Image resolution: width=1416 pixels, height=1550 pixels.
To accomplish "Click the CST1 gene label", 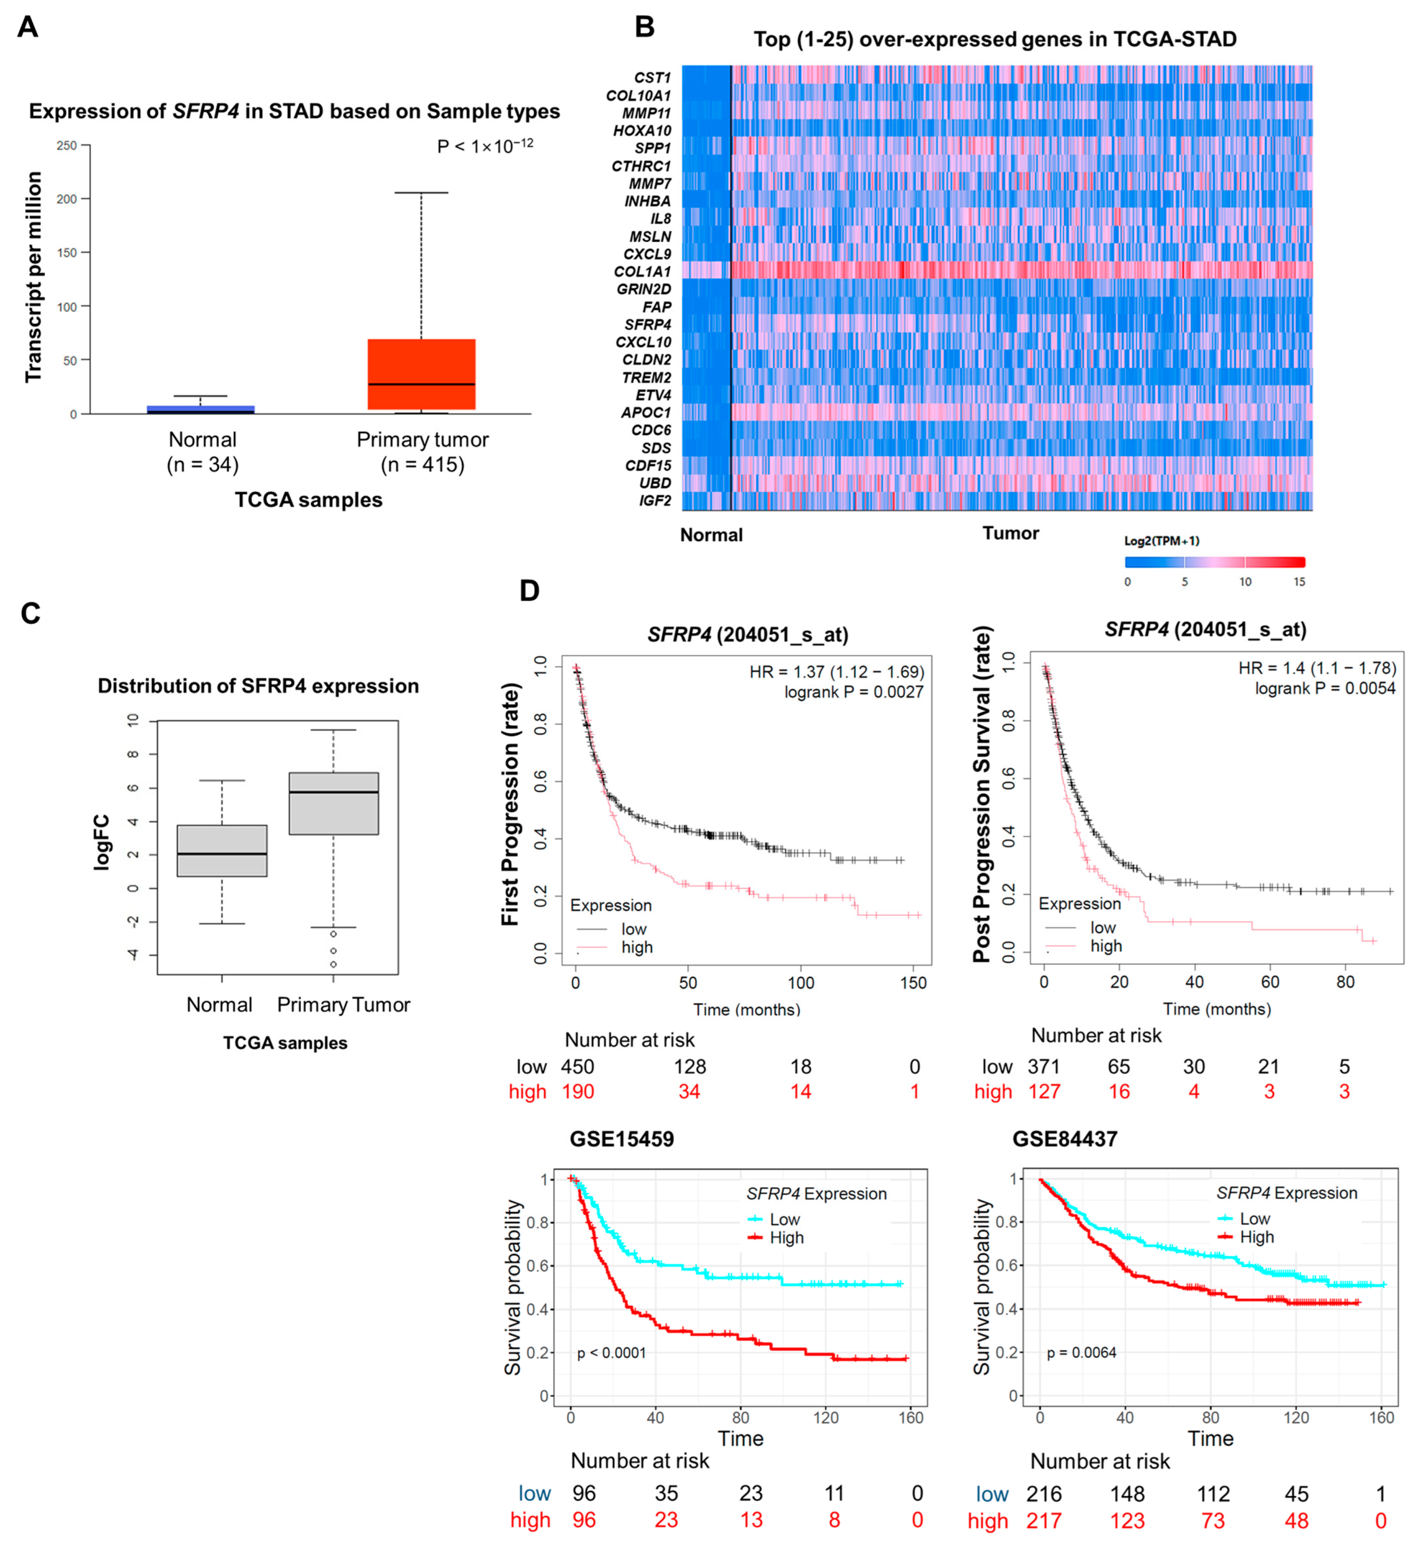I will (x=652, y=78).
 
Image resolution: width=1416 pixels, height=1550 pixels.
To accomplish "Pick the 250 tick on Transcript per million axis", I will (x=67, y=145).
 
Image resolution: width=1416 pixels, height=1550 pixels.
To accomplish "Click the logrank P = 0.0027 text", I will (x=853, y=692).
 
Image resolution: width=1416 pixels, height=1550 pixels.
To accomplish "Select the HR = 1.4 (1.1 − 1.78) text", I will (x=1317, y=668).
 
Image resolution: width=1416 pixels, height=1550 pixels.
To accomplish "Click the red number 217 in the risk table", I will (x=1044, y=1521).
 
